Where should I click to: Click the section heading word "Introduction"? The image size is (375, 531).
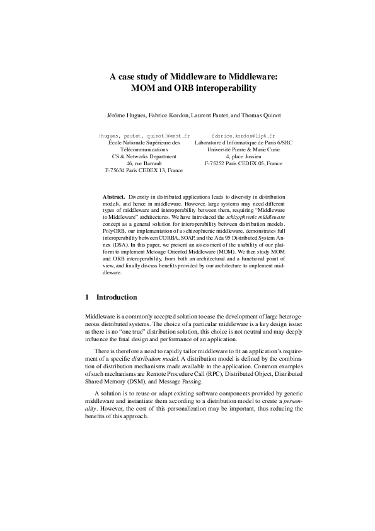tap(116, 296)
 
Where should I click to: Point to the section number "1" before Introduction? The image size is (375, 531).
tap(86, 296)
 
